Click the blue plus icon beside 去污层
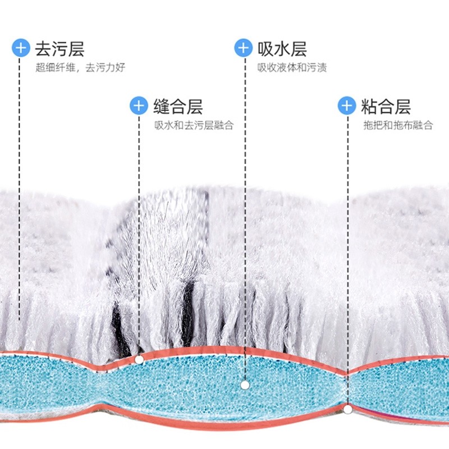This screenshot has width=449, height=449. click(x=21, y=48)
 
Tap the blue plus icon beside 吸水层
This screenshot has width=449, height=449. click(x=243, y=48)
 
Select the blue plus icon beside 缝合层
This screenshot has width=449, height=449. click(x=139, y=106)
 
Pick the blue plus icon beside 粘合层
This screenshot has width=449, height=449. click(x=346, y=106)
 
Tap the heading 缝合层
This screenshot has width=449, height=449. click(x=178, y=106)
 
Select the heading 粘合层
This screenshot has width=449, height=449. click(x=386, y=106)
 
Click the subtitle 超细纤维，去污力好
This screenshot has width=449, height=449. click(x=80, y=68)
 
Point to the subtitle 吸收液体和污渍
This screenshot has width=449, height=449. click(x=292, y=68)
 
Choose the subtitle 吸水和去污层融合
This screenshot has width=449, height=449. click(x=194, y=125)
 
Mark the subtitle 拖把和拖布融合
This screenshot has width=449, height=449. click(x=398, y=125)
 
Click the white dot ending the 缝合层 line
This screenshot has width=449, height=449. click(x=139, y=359)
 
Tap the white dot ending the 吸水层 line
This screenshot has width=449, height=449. click(x=245, y=385)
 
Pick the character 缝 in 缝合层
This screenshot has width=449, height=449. click(x=162, y=106)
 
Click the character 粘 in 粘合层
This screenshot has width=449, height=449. click(x=369, y=106)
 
